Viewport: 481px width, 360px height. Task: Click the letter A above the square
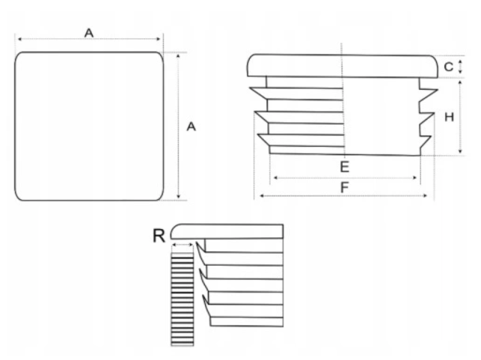pos(89,33)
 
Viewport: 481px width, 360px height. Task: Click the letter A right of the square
pos(191,126)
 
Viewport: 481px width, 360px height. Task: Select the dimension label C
pos(449,67)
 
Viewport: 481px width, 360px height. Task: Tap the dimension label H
pos(449,117)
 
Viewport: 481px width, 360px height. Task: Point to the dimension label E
pos(345,167)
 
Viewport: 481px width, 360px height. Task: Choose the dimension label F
pos(345,187)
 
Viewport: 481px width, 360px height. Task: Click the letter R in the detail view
pos(159,236)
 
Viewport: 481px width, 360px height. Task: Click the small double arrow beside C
pos(460,67)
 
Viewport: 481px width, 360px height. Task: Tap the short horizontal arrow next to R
pos(183,245)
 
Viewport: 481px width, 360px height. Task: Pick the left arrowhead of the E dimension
pos(275,177)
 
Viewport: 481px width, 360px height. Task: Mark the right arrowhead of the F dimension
pos(425,195)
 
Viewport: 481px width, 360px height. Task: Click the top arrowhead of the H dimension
pos(460,82)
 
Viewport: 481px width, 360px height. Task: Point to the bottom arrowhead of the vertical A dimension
pos(179,196)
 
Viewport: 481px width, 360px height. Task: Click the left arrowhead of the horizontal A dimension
pos(20,39)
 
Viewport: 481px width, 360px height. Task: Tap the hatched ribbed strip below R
pos(183,300)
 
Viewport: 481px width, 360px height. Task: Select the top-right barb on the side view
pos(429,94)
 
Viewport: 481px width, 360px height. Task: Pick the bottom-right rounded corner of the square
pos(158,195)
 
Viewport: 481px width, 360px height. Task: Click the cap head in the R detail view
pos(227,231)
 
